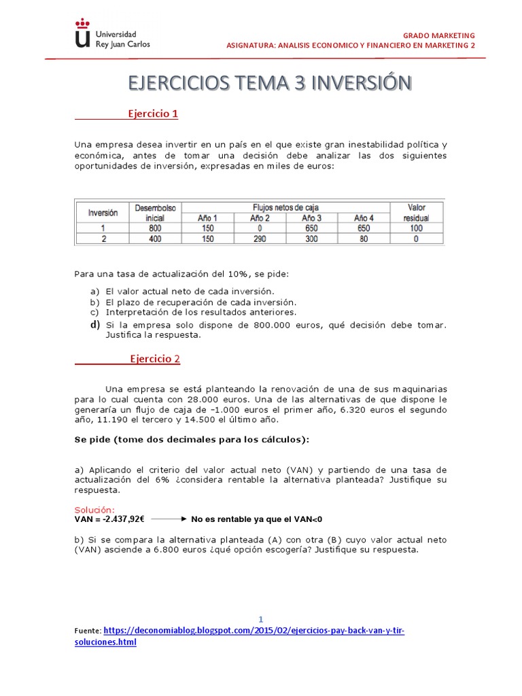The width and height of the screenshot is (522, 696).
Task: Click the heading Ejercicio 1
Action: coord(153,114)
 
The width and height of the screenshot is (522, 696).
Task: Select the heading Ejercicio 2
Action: coord(155,359)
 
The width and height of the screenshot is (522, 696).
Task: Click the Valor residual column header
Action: coord(415,212)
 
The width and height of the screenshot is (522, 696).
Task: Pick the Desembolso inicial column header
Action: coord(156,212)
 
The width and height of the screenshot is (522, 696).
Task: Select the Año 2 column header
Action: coord(260,217)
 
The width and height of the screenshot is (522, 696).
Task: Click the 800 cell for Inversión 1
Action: coord(156,228)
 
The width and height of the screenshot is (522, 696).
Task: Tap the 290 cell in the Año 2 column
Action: coord(260,239)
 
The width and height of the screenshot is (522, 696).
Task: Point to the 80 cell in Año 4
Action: coord(364,239)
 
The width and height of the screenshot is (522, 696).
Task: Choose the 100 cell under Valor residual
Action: coord(416,228)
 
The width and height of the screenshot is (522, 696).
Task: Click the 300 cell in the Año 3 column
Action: coord(311,239)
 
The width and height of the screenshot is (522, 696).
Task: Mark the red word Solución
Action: coord(94,510)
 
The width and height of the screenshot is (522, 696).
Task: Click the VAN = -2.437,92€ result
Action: coord(109,519)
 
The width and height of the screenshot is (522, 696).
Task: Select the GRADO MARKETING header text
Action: coord(439,35)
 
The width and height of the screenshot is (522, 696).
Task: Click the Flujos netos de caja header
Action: coord(285,207)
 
